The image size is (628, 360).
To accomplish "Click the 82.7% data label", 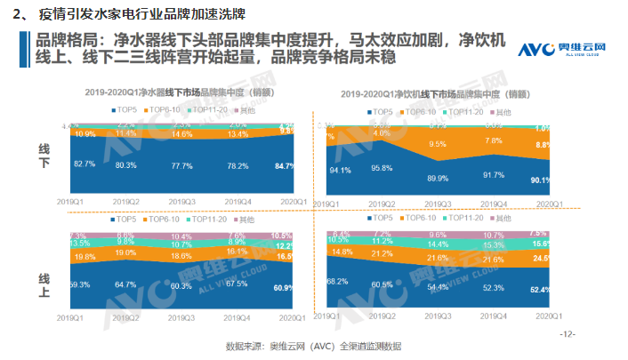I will coord(85,164).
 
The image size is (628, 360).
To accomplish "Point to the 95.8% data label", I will coord(382,168).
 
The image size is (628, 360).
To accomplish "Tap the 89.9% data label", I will coord(438,178).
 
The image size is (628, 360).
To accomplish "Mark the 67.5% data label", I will coord(237,284).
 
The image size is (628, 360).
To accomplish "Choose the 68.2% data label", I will coord(336,281).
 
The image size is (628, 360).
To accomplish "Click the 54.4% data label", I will coord(438,288).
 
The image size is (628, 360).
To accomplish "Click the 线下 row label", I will coord(44,154).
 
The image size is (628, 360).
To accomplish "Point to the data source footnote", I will coord(313,345).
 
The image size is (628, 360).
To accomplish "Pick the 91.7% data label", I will coord(494,175).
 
